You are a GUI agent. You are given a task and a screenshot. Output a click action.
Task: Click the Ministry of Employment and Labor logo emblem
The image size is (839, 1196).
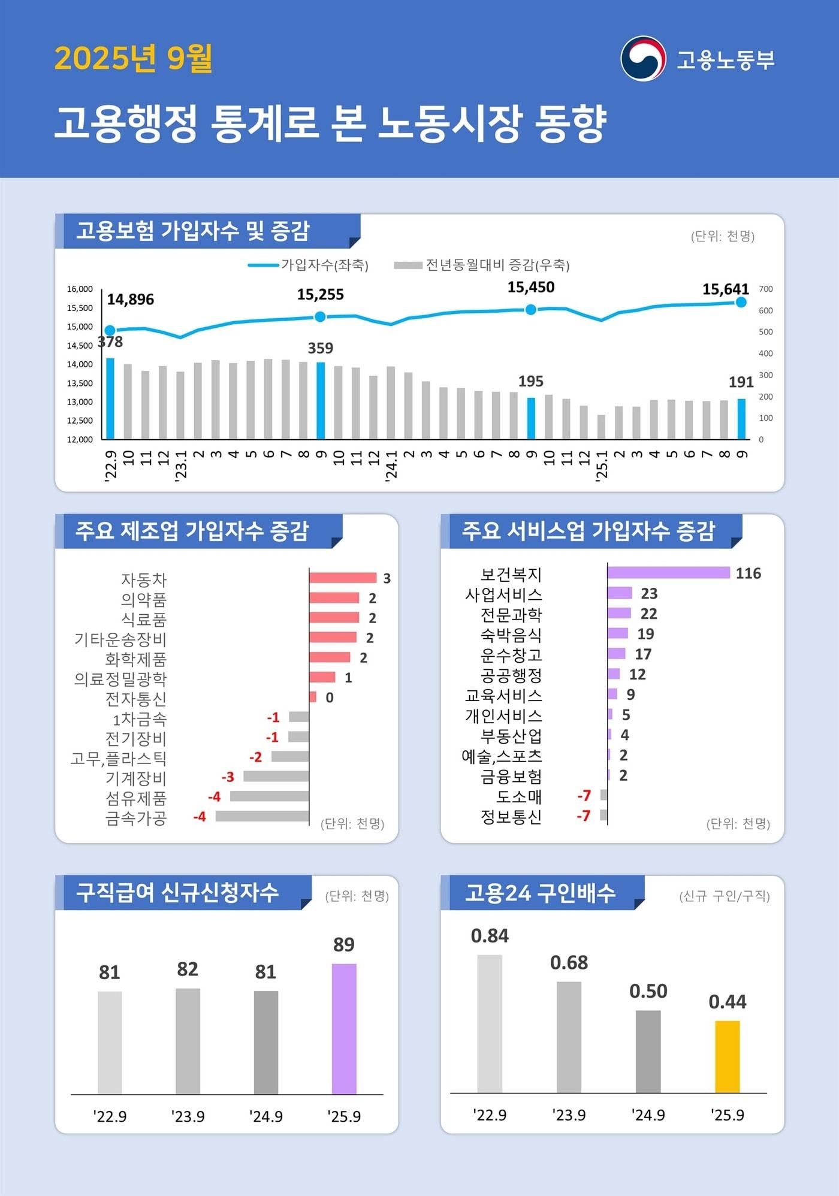point(643,59)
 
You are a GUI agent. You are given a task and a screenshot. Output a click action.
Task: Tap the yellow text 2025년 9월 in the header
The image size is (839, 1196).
point(133,58)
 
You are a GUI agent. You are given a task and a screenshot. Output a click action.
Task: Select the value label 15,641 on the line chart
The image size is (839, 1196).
point(725,289)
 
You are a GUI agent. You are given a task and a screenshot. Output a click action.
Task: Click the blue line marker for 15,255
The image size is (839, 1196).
point(320,316)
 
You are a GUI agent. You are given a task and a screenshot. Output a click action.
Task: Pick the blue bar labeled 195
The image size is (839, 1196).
point(531,418)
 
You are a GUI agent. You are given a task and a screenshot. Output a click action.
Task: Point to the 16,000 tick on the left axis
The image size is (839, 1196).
point(80,289)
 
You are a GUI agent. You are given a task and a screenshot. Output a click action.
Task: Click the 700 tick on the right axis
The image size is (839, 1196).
point(765,289)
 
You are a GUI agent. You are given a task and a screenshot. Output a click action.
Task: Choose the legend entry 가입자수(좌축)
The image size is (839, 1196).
point(309,265)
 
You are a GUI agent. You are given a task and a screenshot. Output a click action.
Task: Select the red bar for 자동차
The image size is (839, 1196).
point(342,578)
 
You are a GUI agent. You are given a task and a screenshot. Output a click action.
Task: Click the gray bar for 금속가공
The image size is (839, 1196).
point(262,816)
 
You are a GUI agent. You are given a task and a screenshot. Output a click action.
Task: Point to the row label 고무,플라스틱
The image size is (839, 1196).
point(118,759)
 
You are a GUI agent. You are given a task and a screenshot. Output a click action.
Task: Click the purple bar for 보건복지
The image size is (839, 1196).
point(668,572)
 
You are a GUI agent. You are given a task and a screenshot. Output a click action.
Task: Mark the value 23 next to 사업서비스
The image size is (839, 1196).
point(649,593)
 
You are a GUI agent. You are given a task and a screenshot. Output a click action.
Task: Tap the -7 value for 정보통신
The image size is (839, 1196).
point(584,816)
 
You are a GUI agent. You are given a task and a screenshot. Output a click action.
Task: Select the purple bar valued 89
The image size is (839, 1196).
point(344,1028)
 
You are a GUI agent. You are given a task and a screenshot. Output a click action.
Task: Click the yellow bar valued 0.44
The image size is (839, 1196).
point(727,1056)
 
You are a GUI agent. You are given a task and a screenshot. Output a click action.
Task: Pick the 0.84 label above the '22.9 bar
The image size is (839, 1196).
point(490,935)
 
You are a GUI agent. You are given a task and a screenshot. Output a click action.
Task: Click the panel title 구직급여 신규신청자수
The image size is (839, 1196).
point(177,892)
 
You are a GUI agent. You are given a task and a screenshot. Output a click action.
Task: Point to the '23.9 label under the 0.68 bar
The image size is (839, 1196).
point(569,1115)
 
